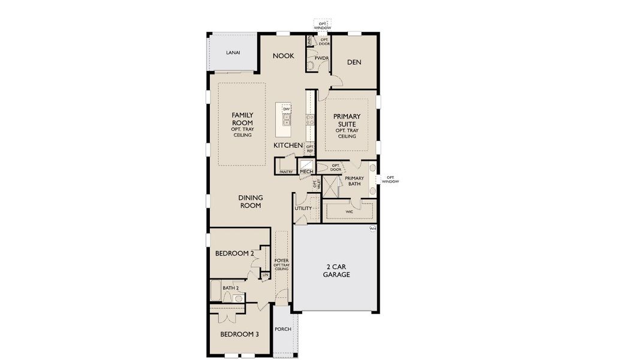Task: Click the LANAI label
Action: click(x=233, y=53)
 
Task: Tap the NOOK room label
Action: click(x=284, y=56)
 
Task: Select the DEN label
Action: click(x=354, y=62)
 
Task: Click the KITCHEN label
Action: click(x=288, y=146)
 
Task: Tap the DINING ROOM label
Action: click(x=251, y=201)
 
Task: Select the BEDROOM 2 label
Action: click(x=235, y=254)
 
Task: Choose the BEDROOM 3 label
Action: click(x=239, y=334)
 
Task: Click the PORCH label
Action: click(x=283, y=329)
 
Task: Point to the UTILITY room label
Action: click(x=303, y=208)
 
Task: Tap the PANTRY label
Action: click(x=286, y=172)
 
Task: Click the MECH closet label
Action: click(x=306, y=172)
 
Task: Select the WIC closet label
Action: click(x=349, y=212)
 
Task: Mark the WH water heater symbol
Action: click(x=372, y=229)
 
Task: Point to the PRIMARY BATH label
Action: click(x=354, y=181)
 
